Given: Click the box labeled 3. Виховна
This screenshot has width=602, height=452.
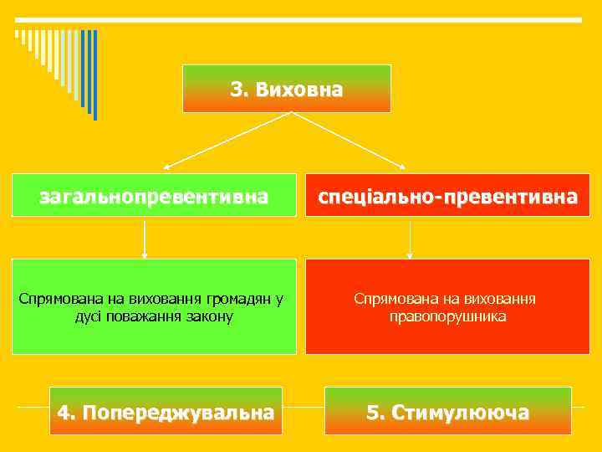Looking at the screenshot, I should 287,89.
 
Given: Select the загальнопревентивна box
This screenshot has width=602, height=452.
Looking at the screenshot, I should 155,196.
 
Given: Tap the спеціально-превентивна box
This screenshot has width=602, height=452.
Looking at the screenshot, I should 447,196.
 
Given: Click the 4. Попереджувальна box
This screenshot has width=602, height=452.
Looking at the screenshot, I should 166,412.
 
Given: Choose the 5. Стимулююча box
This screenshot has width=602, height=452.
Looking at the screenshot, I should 447,412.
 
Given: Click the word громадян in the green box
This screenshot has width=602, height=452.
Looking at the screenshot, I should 242,298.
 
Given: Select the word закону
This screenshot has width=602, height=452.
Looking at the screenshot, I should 210,317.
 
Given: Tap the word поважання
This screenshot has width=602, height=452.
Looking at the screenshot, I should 149,317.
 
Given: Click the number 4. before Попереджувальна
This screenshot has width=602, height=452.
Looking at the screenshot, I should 67,412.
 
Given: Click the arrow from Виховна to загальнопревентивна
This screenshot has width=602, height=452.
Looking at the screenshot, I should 226,141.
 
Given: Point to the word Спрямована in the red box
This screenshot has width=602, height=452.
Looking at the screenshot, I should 390,298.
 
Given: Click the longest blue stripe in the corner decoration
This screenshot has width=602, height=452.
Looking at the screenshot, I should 94,75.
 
